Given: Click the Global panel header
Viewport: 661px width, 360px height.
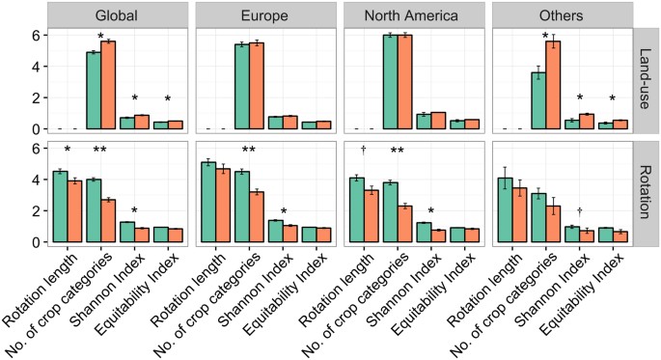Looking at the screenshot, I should [x=118, y=16].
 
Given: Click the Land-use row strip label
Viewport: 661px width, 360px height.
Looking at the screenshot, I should [x=647, y=81].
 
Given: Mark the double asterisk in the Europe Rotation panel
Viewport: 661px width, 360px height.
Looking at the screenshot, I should [x=248, y=151].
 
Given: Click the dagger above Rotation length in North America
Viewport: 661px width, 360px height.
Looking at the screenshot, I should [x=364, y=150].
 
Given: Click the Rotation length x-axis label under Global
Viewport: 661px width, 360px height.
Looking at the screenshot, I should [x=39, y=290].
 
